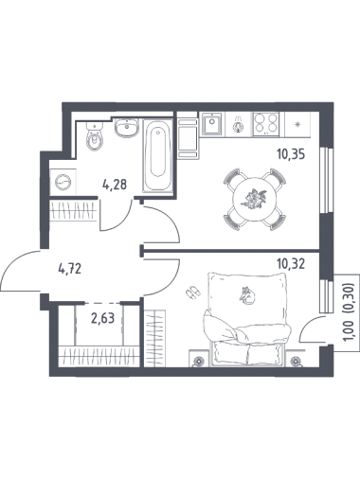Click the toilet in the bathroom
tap(95, 136)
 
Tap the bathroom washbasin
tap(126, 128)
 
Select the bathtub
tap(158, 155)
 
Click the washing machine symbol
tap(63, 182)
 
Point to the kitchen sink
tap(211, 124)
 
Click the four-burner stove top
tap(266, 124)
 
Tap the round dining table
tap(255, 199)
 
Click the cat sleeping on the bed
tap(247, 295)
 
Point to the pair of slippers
tap(192, 293)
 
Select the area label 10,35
tap(291, 155)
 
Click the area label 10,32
tap(291, 264)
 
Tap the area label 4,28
tap(115, 185)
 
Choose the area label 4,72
tap(70, 269)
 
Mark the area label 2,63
tap(102, 319)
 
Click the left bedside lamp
tap(199, 360)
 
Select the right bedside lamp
tap(296, 360)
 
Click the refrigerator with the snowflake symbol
tap(297, 124)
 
